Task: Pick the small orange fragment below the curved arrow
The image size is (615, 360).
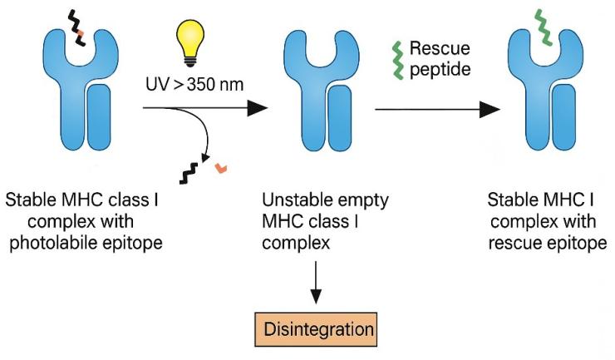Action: point(220,169)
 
